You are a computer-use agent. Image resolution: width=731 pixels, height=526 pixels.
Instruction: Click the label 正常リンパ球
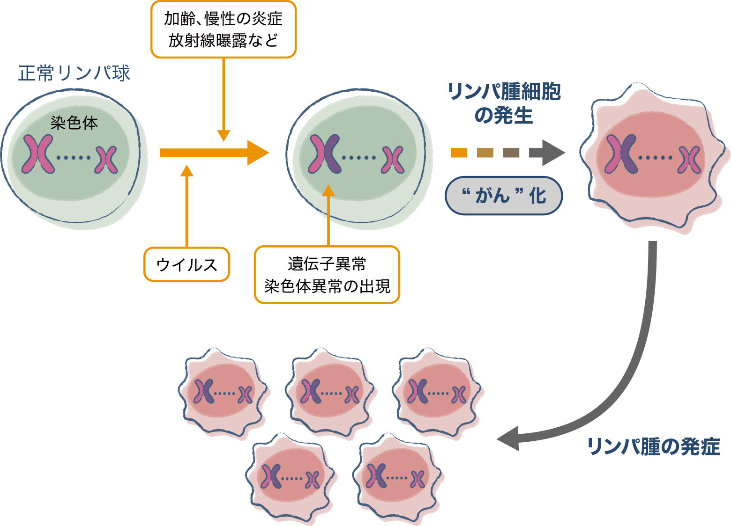coord(74,73)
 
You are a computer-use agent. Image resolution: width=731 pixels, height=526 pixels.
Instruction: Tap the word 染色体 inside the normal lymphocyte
coord(74,123)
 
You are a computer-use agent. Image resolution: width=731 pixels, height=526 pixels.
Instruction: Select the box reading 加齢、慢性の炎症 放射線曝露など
coord(224,29)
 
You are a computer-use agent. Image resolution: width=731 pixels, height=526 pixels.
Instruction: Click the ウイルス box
coord(186,264)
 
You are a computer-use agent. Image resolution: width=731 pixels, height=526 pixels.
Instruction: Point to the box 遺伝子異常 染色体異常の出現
coord(327,275)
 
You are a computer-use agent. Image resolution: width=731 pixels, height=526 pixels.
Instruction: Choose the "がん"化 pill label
coord(504,196)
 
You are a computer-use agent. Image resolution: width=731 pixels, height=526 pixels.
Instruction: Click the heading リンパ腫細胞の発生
coord(504,103)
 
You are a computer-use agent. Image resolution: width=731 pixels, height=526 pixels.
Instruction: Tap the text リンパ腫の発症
coord(653,446)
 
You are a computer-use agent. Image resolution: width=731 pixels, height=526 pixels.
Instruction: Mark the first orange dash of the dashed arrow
coord(459,153)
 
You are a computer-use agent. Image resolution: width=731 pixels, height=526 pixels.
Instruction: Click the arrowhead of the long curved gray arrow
coord(508,439)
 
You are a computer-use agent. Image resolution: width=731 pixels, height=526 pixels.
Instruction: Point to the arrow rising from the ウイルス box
coord(186,206)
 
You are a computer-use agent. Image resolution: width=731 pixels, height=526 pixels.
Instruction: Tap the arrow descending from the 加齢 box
coord(224,98)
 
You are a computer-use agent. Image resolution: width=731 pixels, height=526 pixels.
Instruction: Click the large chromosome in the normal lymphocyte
coord(38,154)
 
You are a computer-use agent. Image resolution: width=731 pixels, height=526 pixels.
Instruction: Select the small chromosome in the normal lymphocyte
coord(107,159)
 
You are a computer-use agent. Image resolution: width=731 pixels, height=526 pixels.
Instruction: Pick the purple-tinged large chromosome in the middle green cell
coord(324,154)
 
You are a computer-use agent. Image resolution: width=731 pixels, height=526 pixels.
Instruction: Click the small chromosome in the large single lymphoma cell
coord(689,159)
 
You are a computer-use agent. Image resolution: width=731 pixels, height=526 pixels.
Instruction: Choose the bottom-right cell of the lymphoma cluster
coord(397,477)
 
